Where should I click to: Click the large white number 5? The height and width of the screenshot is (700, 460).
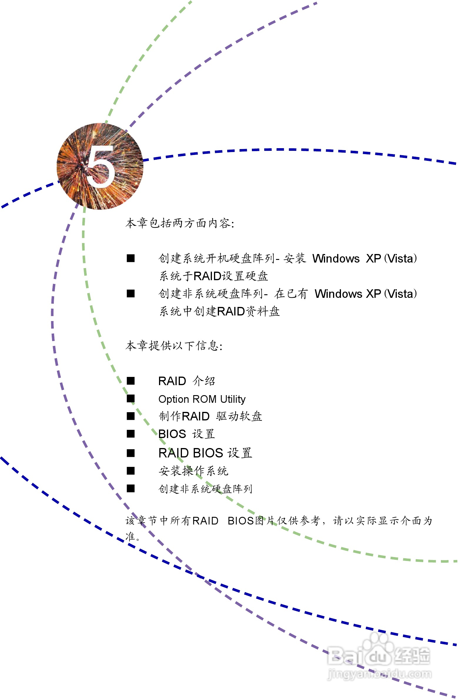click(x=101, y=166)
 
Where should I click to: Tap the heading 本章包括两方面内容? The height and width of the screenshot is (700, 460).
click(x=179, y=223)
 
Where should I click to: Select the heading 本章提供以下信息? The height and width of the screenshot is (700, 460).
click(x=173, y=345)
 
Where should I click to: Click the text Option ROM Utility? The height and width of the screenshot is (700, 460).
click(x=202, y=399)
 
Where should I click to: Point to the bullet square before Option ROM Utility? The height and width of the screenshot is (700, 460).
click(x=131, y=399)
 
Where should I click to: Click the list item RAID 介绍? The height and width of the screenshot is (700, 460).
click(x=186, y=381)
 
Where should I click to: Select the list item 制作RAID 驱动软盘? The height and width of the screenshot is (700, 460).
click(x=210, y=417)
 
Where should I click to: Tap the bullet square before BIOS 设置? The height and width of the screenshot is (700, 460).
click(x=131, y=434)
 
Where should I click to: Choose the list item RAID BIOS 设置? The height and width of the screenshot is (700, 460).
click(x=205, y=453)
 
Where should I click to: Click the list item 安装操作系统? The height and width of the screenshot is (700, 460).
click(x=193, y=471)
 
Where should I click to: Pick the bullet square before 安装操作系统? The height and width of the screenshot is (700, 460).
click(x=131, y=471)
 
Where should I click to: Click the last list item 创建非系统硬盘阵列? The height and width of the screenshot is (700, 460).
click(x=205, y=489)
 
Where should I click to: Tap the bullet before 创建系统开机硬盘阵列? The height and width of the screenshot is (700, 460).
click(x=131, y=258)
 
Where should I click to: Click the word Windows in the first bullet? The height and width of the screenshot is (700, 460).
click(x=336, y=258)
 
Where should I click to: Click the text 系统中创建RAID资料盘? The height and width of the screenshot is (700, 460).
click(x=219, y=311)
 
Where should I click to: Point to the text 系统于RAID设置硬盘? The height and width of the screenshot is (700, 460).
click(x=213, y=276)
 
